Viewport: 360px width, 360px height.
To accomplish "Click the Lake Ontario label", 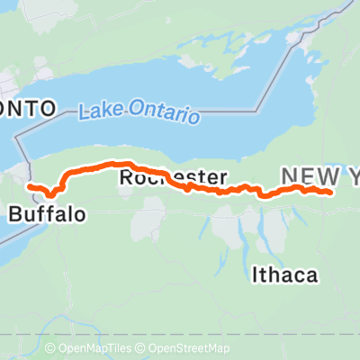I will pyautogui.click(x=139, y=112).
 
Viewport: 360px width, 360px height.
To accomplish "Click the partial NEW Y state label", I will pyautogui.click(x=320, y=177).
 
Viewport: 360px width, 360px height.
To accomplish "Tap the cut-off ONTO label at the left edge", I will pyautogui.click(x=28, y=108).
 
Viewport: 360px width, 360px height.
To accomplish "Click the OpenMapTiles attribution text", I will pyautogui.click(x=93, y=348).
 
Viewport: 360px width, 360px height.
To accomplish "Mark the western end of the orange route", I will pyautogui.click(x=30, y=185).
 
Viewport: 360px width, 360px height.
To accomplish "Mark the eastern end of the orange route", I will pyautogui.click(x=332, y=192).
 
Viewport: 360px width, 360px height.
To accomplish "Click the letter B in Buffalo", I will pyautogui.click(x=15, y=215).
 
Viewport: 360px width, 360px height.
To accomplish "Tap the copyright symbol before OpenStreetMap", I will pyautogui.click(x=142, y=348).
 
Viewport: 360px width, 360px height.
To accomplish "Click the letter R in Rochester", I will pyautogui.click(x=127, y=178).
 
